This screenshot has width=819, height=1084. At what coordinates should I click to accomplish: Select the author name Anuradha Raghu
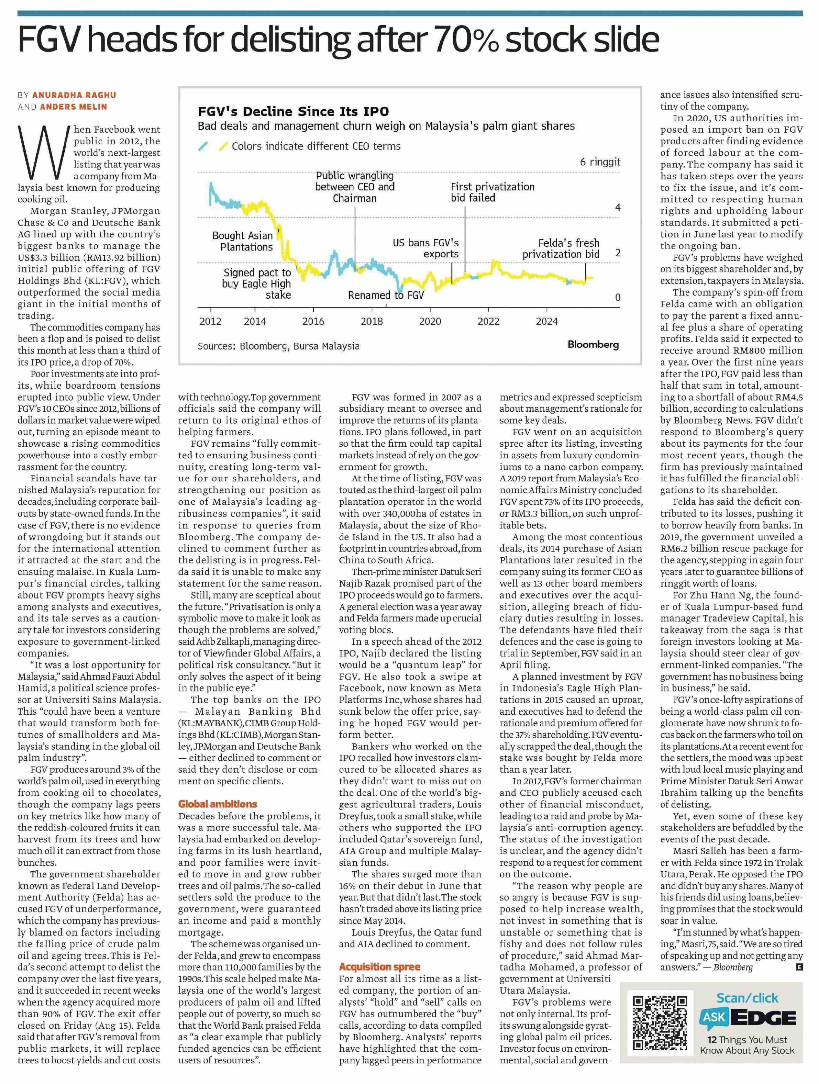74,95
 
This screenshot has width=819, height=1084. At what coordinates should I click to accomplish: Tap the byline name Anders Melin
74,107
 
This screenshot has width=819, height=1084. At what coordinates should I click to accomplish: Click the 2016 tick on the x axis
313,321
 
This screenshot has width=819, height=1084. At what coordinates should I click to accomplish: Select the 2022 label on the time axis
488,321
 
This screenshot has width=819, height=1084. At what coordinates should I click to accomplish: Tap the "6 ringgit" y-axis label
600,162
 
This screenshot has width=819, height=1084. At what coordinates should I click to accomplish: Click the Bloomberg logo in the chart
593,345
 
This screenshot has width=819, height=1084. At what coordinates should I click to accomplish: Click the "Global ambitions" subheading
217,804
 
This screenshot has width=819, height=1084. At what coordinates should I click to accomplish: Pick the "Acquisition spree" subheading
380,967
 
